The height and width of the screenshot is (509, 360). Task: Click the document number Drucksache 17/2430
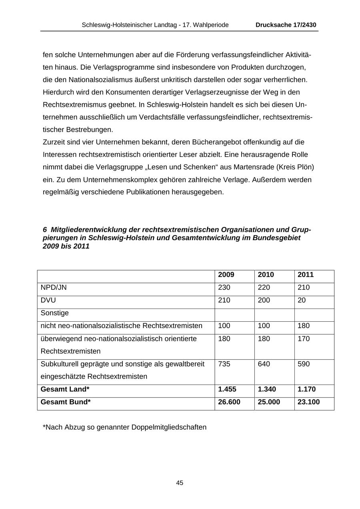[x=286, y=25]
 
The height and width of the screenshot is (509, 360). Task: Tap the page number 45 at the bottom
[x=180, y=483]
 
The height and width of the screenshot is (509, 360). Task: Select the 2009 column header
[x=226, y=275]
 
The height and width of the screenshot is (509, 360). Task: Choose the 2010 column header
[x=266, y=275]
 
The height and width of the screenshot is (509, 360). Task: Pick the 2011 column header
[x=306, y=275]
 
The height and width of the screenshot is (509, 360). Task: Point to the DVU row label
[x=48, y=300]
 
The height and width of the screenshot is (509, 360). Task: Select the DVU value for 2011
[x=302, y=300]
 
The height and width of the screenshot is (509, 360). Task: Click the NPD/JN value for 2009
[x=224, y=288]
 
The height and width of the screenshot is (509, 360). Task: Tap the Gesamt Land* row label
[x=65, y=389]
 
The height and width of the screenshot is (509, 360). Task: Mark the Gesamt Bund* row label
[x=66, y=402]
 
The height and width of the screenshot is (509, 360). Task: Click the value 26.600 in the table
[x=229, y=402]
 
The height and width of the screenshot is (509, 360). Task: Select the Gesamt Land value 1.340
[x=267, y=389]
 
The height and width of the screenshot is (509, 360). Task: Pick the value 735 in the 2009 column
[x=224, y=364]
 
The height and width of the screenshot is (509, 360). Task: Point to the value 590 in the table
[x=304, y=364]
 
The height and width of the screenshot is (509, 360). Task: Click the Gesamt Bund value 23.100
[x=308, y=402]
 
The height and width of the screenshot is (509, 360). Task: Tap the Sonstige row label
[x=55, y=313]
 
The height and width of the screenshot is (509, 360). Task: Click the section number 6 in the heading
[x=45, y=230]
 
